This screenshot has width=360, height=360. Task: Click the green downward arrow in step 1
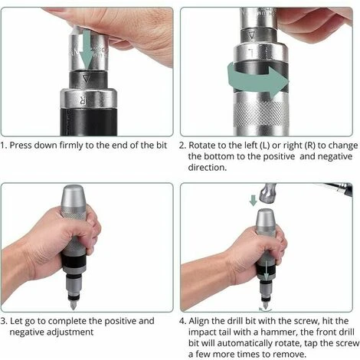(x=87, y=48)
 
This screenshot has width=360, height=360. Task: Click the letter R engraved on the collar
(x=82, y=100)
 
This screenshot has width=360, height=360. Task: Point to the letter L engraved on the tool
(x=251, y=53)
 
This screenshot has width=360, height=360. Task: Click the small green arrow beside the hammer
(x=253, y=201)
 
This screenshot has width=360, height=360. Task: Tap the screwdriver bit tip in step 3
(x=74, y=306)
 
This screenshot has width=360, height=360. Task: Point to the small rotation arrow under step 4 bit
(x=266, y=309)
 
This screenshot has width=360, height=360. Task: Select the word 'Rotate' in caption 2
(x=201, y=145)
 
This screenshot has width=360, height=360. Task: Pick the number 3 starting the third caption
(x=3, y=321)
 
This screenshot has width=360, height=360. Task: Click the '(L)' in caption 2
(x=265, y=146)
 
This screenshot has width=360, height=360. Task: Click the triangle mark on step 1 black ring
(x=87, y=78)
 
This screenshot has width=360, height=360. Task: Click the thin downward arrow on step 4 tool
(x=266, y=270)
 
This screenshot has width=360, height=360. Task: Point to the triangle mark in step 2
(x=252, y=35)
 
